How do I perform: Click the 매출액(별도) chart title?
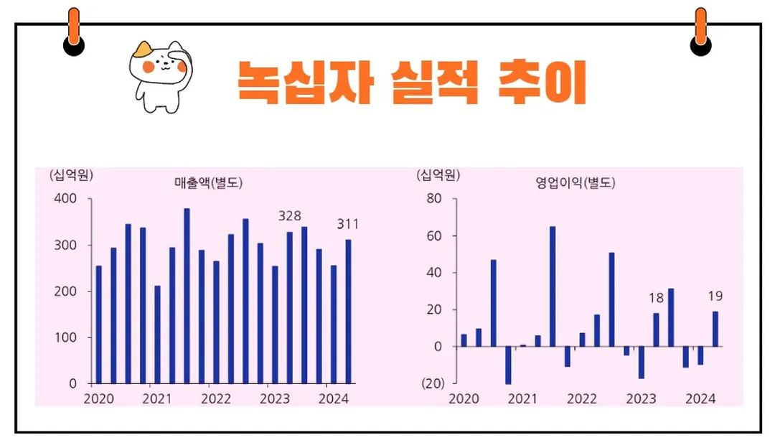(x=208, y=183)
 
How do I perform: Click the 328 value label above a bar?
(x=290, y=216)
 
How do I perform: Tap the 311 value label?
(x=348, y=225)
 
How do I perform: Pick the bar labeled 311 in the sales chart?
(x=349, y=311)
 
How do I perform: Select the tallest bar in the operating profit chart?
(x=553, y=286)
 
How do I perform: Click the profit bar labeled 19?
(x=715, y=329)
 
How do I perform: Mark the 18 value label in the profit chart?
(x=656, y=299)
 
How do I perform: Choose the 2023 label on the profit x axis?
(x=642, y=399)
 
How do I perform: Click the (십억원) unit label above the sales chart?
(x=71, y=174)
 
